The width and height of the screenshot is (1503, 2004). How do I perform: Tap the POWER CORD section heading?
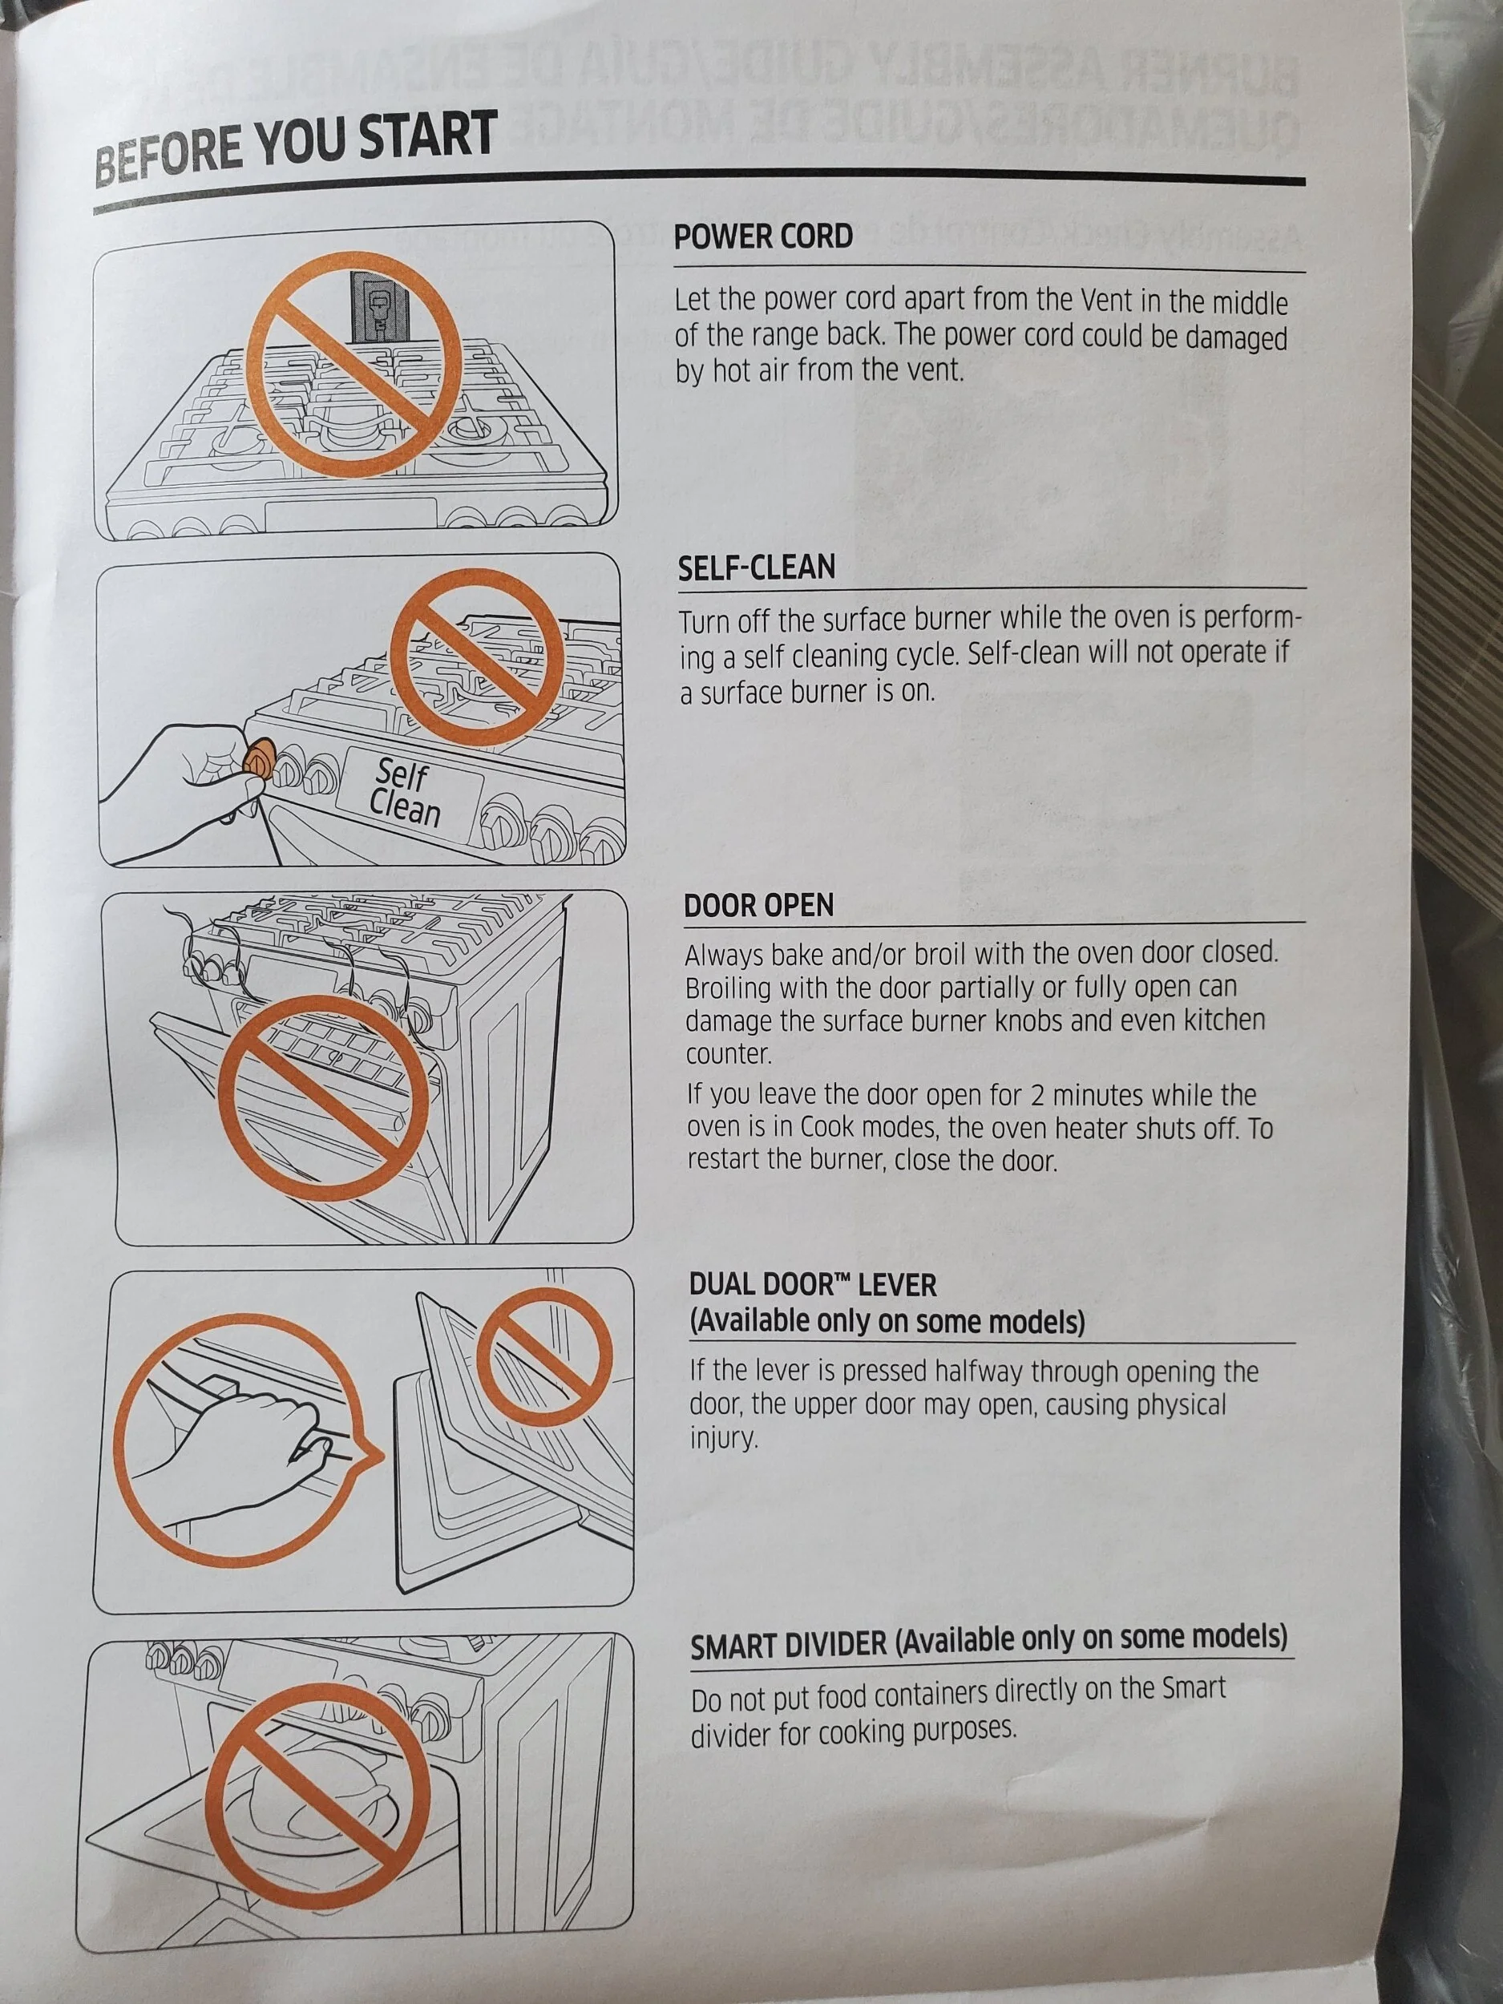(x=763, y=237)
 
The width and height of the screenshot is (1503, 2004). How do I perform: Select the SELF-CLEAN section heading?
(x=757, y=568)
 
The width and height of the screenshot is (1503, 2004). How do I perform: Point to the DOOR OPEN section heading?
(x=759, y=904)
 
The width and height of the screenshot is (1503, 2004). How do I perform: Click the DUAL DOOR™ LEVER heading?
(x=813, y=1285)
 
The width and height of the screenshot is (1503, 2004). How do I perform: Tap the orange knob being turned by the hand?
(x=259, y=757)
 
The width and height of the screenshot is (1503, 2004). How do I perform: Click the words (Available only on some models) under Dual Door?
(x=887, y=1322)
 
